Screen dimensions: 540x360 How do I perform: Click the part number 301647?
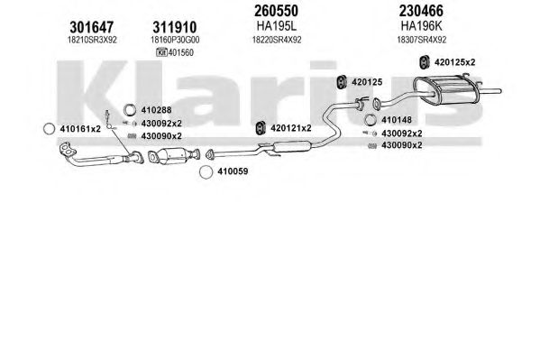pos(92,27)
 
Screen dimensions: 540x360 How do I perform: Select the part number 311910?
pos(175,27)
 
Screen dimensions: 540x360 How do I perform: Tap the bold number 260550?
pos(276,11)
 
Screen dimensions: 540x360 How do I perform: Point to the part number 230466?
pos(421,11)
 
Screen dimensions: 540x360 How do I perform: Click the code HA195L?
pos(276,26)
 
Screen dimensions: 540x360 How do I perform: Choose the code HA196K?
pos(421,26)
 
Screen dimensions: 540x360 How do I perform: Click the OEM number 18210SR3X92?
pos(92,40)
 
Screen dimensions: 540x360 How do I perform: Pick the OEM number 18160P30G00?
pos(175,40)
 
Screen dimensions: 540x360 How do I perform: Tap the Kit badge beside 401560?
pos(161,52)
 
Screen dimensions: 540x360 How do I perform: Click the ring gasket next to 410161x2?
pos(50,129)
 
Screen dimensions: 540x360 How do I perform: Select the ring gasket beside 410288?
pos(130,110)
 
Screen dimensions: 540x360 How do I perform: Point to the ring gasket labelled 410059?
pos(206,172)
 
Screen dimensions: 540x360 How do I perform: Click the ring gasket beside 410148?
pos(371,120)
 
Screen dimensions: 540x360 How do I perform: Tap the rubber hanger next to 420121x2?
pos(261,128)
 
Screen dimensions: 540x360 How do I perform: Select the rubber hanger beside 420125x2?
pos(424,62)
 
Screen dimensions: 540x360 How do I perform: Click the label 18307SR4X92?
pos(422,40)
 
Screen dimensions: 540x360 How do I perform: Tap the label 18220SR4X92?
pos(277,40)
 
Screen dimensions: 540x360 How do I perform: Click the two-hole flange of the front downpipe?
pos(68,150)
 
